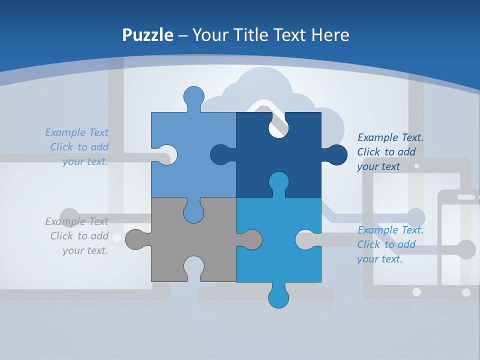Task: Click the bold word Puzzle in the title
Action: [148, 35]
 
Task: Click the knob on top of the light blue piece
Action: [193, 97]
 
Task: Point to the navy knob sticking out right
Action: [336, 155]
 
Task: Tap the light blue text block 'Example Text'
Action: [78, 147]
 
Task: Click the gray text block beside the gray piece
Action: [78, 235]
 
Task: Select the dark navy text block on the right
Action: [389, 151]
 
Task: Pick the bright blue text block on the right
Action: [389, 244]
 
